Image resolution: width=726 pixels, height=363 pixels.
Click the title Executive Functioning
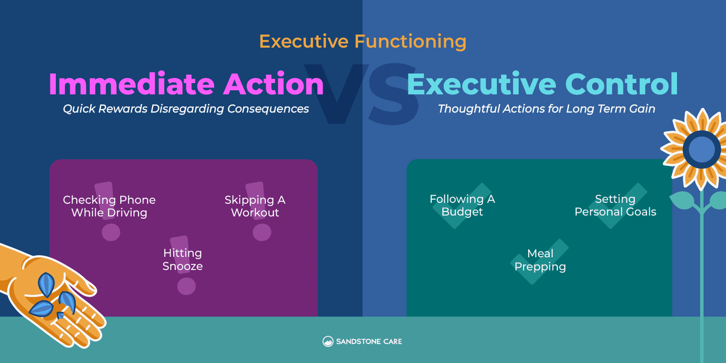click(x=363, y=41)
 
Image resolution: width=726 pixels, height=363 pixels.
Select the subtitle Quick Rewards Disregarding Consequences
click(x=186, y=109)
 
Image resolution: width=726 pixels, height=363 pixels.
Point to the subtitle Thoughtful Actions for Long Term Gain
click(x=546, y=109)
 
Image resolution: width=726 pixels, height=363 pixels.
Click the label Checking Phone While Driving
click(x=109, y=206)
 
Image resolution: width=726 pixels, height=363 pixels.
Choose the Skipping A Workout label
click(x=255, y=206)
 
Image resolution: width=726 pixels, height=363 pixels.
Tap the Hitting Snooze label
click(x=182, y=260)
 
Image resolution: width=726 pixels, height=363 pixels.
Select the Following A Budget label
click(x=462, y=205)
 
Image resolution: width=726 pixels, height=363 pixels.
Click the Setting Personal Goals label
click(x=615, y=205)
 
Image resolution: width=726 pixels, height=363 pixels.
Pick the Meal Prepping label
click(x=540, y=260)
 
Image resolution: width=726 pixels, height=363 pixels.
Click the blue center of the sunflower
click(x=701, y=149)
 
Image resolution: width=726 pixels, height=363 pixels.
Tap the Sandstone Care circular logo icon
click(x=328, y=341)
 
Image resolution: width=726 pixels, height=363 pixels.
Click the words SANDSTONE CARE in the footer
click(x=369, y=342)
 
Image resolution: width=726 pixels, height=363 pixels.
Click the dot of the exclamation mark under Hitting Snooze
click(x=186, y=286)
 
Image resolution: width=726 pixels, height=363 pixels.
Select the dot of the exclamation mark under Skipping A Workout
click(x=262, y=232)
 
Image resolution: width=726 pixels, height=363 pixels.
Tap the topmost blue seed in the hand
click(x=46, y=284)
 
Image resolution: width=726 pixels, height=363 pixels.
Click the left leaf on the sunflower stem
click(x=682, y=200)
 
